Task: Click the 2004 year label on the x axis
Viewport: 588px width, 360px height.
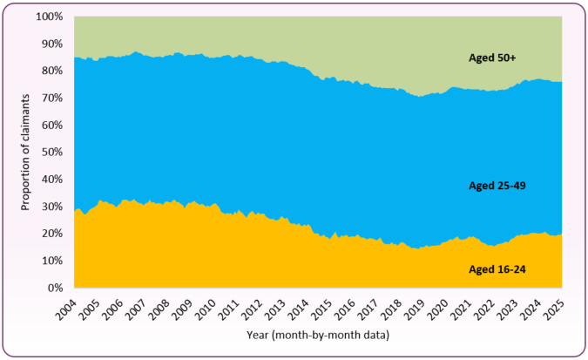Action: [x=65, y=310]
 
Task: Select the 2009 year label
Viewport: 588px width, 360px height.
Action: [x=181, y=310]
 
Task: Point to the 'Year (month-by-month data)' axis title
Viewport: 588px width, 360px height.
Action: [x=317, y=335]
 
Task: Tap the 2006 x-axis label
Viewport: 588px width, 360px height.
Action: [x=112, y=310]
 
